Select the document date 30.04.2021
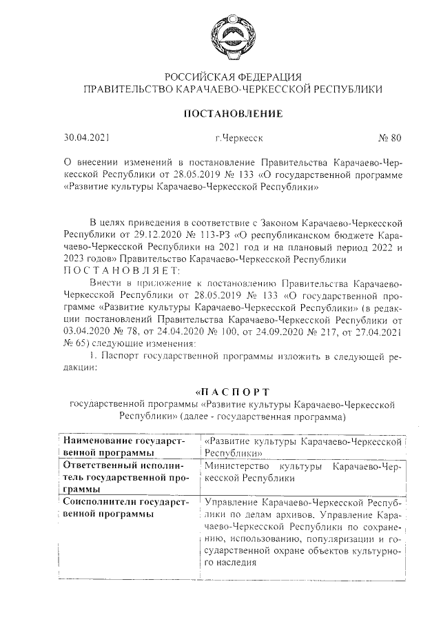(x=85, y=138)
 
